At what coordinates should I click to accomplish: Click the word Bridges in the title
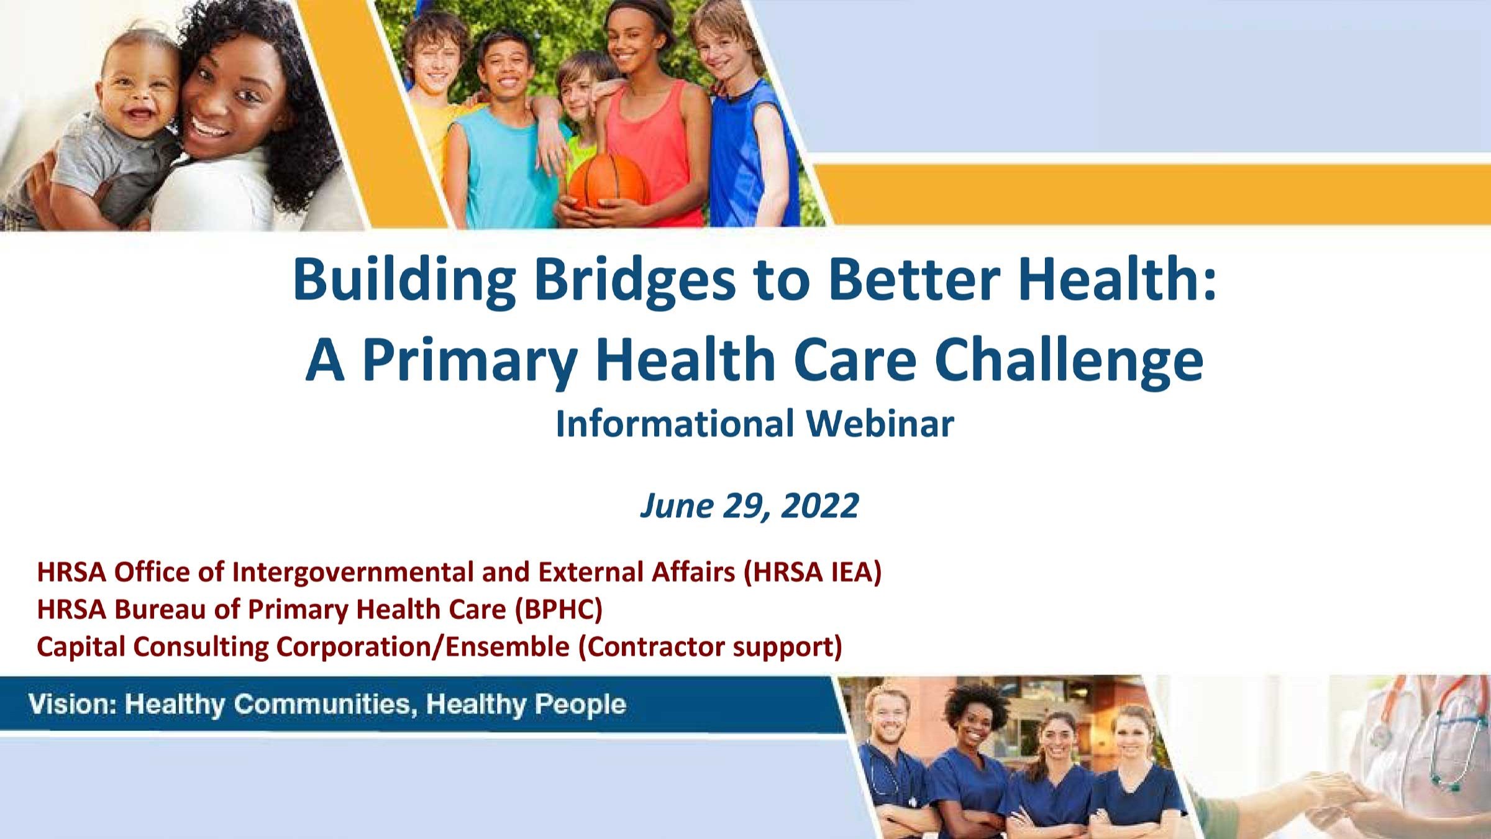click(x=635, y=280)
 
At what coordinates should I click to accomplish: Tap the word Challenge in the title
click(x=1069, y=361)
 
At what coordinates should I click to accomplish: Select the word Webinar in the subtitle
click(x=880, y=424)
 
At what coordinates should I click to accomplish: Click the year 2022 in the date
click(x=820, y=505)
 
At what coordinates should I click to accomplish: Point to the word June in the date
click(x=677, y=505)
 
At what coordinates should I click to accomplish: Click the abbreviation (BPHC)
click(x=559, y=610)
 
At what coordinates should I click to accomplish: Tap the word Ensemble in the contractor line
click(x=508, y=646)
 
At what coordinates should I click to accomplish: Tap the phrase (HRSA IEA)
click(x=813, y=572)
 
